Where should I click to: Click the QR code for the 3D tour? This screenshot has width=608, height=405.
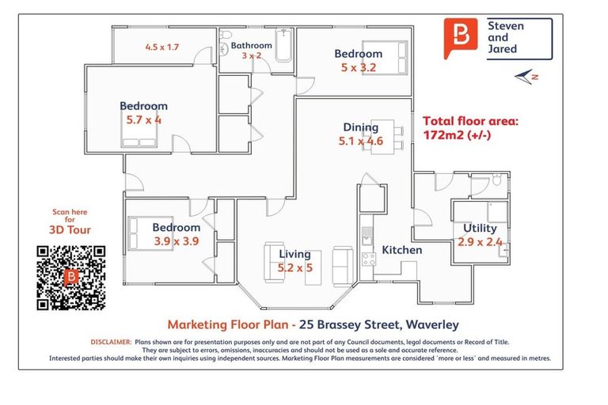pyautogui.click(x=70, y=277)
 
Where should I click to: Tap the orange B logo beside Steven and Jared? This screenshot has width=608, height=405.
pyautogui.click(x=461, y=37)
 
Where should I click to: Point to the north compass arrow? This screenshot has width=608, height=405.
pyautogui.click(x=526, y=76)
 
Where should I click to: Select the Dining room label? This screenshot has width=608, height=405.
pyautogui.click(x=360, y=127)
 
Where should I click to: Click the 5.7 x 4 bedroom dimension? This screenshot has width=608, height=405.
pyautogui.click(x=143, y=120)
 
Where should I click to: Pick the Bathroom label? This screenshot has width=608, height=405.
pyautogui.click(x=252, y=45)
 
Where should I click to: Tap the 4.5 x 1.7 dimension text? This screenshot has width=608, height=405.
pyautogui.click(x=161, y=47)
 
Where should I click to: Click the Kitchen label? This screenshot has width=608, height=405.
pyautogui.click(x=402, y=250)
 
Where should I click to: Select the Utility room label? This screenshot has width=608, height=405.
pyautogui.click(x=480, y=229)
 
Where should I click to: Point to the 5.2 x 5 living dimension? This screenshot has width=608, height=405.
pyautogui.click(x=294, y=267)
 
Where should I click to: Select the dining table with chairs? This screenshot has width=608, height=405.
pyautogui.click(x=381, y=134)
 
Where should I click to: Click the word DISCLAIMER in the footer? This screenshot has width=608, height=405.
pyautogui.click(x=110, y=342)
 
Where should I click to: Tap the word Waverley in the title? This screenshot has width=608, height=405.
pyautogui.click(x=432, y=324)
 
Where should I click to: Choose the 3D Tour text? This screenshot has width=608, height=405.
pyautogui.click(x=70, y=230)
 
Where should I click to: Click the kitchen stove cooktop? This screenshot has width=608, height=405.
pyautogui.click(x=367, y=258)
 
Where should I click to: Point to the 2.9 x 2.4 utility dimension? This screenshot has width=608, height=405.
pyautogui.click(x=480, y=242)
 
